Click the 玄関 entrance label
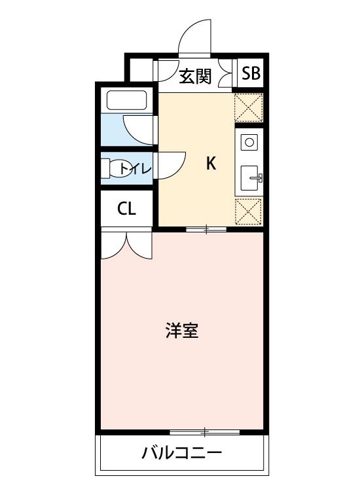(195, 76)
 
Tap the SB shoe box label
(251, 73)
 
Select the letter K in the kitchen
(211, 163)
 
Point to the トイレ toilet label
(136, 169)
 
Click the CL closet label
(126, 209)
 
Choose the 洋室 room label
(182, 331)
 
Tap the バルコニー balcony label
(181, 452)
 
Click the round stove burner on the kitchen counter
(249, 141)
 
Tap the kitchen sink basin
(250, 177)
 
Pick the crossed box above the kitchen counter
(249, 107)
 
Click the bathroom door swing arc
(139, 130)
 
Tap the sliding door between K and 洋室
(206, 228)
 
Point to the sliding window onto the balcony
(204, 432)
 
